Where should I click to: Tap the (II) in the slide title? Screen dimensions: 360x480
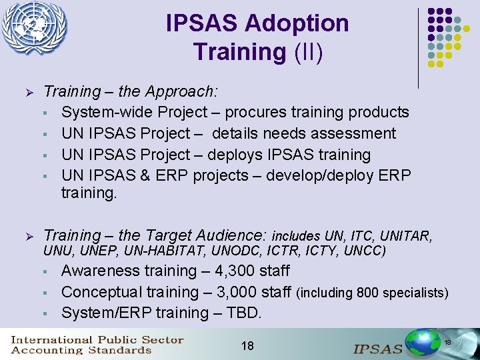[x=308, y=51]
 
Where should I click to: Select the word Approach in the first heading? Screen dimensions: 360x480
[x=183, y=91]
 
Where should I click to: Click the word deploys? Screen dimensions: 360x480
[x=235, y=155]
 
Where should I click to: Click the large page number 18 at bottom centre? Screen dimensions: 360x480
[x=247, y=345]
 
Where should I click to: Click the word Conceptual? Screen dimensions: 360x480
[x=101, y=292]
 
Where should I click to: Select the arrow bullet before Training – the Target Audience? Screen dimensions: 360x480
[x=28, y=236]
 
